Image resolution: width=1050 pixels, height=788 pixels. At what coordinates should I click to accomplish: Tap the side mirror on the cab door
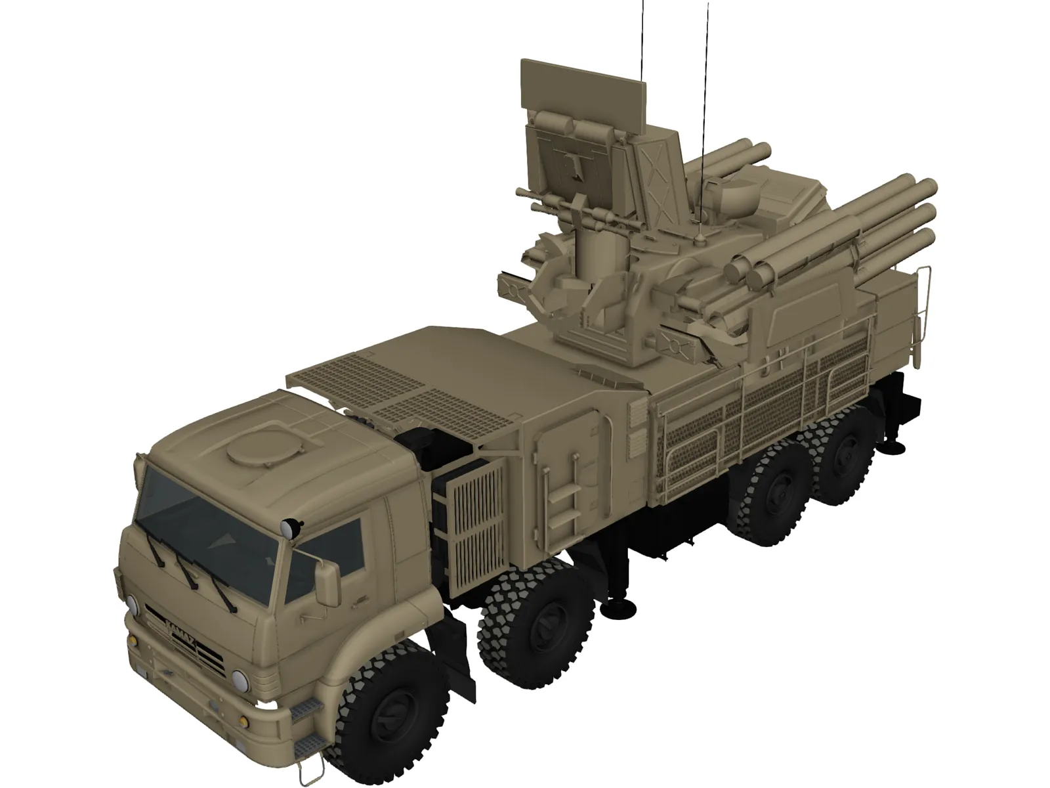pos(326,582)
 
